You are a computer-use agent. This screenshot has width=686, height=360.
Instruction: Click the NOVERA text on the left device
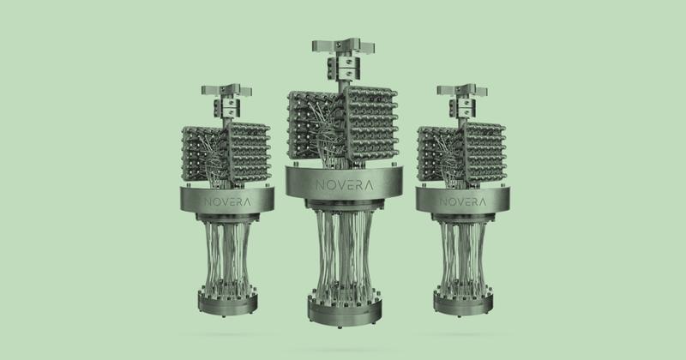pos(227,202)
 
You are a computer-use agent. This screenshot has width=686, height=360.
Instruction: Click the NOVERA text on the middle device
pos(345,185)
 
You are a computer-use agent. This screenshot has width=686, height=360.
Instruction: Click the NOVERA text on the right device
pos(463,202)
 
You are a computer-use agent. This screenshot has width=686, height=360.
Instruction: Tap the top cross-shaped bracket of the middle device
pos(343,46)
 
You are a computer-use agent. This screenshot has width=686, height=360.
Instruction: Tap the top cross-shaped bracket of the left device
pos(226,91)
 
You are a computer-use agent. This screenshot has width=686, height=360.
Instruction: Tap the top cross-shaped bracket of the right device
pos(462,91)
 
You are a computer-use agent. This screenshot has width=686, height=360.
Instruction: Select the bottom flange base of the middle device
pos(345,310)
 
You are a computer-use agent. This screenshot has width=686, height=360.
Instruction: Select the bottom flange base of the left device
pos(227,301)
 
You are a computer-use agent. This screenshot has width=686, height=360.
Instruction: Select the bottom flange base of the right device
pos(463,301)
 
